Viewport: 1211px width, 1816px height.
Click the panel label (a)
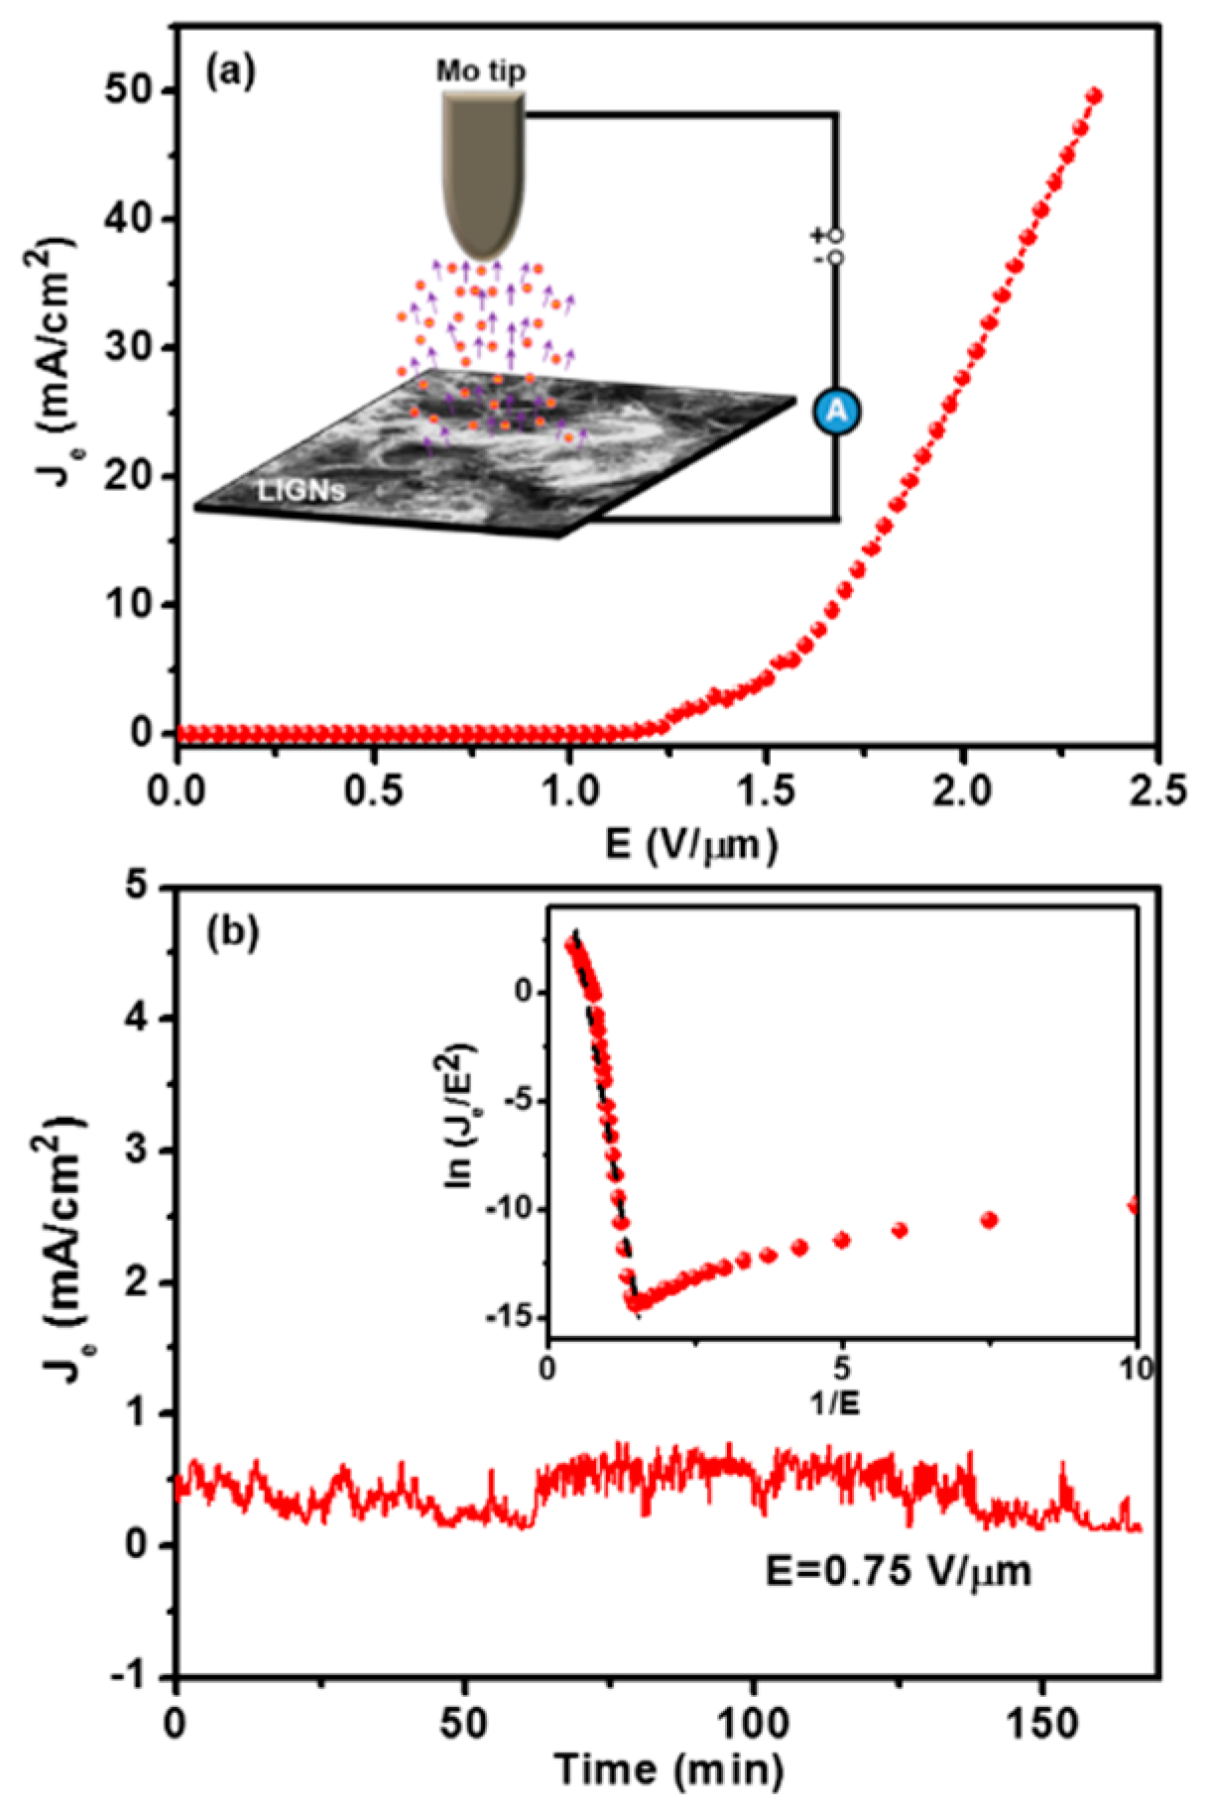(x=230, y=71)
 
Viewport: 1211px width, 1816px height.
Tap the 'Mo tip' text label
(x=481, y=71)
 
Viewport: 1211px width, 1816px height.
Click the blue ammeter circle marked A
(x=836, y=412)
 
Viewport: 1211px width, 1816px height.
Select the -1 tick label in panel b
(x=140, y=1676)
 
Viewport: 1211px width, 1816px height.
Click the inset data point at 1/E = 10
(x=1134, y=1206)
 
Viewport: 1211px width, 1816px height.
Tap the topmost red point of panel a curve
(x=1094, y=95)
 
